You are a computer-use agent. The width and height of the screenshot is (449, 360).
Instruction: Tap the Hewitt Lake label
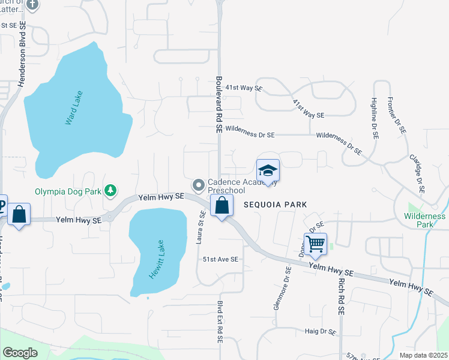[x=157, y=259]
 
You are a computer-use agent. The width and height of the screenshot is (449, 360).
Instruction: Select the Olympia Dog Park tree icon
[x=110, y=190]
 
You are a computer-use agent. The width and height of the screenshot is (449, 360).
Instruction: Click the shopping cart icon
[x=315, y=244]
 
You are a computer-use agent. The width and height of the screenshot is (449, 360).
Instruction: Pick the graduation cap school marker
[x=268, y=170]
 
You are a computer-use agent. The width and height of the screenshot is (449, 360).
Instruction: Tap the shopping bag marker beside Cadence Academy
[x=222, y=205]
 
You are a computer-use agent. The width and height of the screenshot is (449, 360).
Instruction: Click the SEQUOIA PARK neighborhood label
[x=275, y=205]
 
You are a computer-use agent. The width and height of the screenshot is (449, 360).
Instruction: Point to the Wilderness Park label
[x=425, y=220]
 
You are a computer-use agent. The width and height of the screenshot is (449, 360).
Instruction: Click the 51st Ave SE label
[x=220, y=259]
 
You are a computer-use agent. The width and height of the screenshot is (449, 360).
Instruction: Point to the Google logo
[x=20, y=353]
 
